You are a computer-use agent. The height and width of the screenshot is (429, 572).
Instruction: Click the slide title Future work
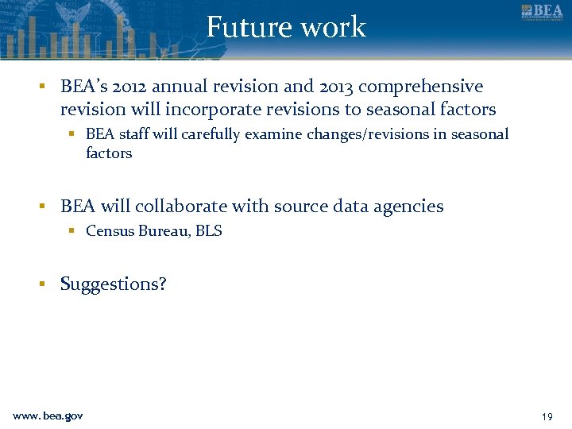[286, 27]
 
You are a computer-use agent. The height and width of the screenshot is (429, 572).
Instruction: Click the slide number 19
[546, 416]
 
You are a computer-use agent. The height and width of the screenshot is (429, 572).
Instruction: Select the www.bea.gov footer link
[48, 416]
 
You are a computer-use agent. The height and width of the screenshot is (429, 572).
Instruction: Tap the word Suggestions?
[114, 284]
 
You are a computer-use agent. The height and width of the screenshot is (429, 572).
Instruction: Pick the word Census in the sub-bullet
[109, 231]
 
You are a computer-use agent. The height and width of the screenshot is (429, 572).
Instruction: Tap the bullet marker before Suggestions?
[47, 284]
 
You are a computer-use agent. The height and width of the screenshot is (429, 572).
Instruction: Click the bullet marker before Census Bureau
[71, 231]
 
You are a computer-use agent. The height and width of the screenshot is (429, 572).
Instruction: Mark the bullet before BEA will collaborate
[47, 207]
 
